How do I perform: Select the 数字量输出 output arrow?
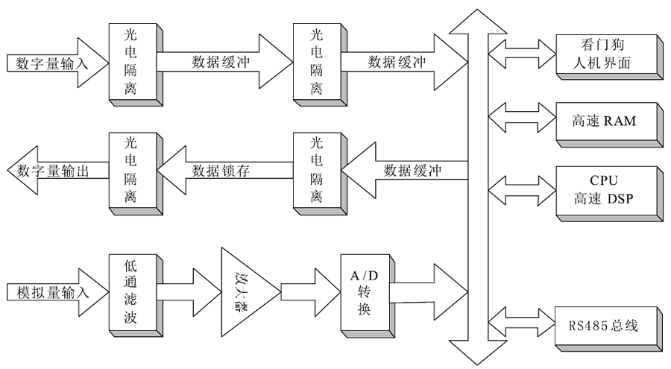coord(52,171)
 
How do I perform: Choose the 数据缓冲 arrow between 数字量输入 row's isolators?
coord(224,63)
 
